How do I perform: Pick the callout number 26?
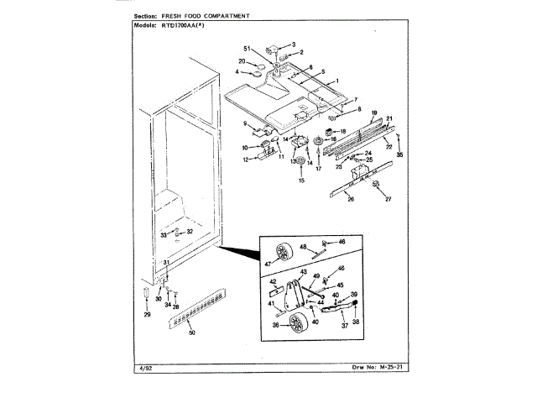coord(351,198)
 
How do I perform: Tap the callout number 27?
coord(388,198)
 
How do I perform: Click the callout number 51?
coord(247,48)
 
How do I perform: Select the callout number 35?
coord(399,155)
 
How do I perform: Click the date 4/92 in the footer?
coord(140,366)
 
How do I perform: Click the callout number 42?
coord(273,282)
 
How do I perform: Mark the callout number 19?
coord(375,113)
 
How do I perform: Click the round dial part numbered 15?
coord(300,162)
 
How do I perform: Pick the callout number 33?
coord(164,237)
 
